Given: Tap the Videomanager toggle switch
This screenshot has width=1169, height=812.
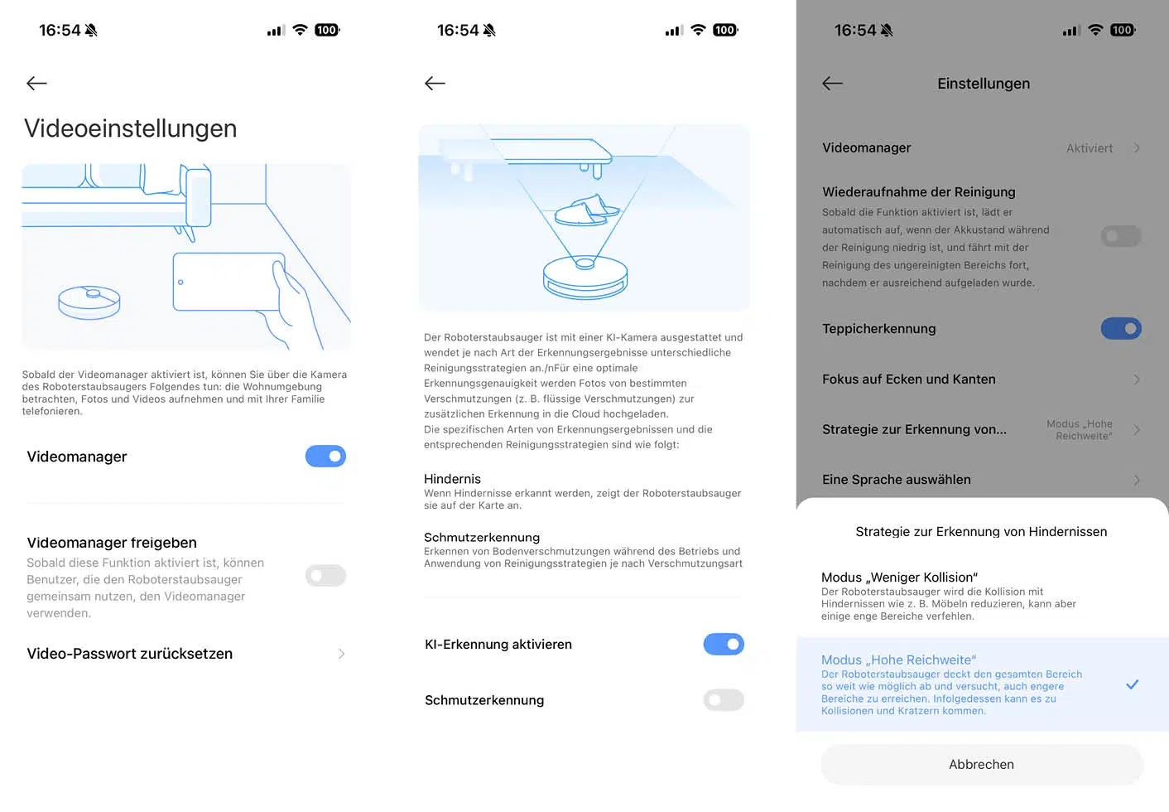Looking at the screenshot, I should coord(325,457).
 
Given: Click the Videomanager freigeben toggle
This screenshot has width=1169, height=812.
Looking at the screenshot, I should coord(325,576).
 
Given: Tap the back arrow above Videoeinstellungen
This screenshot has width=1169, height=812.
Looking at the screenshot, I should coord(36,83).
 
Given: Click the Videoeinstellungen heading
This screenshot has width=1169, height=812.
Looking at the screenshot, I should coord(131,128).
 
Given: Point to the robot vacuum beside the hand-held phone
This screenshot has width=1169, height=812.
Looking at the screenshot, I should coord(89,302).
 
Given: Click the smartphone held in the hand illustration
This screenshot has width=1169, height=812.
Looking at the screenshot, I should coord(227,282).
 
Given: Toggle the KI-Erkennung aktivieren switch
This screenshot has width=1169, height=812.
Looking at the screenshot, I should coord(723,645).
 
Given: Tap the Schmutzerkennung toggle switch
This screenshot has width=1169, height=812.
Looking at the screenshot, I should coord(723,700).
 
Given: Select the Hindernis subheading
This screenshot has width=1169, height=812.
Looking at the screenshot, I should coord(452,479).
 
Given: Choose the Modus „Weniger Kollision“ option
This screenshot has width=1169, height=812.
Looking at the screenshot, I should coord(899,578).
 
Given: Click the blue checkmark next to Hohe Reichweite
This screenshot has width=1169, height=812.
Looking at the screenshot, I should coord(1132,684).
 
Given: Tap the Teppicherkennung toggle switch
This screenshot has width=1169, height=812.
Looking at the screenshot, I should coord(1120,329).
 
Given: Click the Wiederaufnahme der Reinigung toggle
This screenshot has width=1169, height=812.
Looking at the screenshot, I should coord(1120,237).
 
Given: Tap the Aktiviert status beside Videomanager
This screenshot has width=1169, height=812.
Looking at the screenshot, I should coord(1089,148).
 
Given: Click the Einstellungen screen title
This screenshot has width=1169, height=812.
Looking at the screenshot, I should coord(984,84).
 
